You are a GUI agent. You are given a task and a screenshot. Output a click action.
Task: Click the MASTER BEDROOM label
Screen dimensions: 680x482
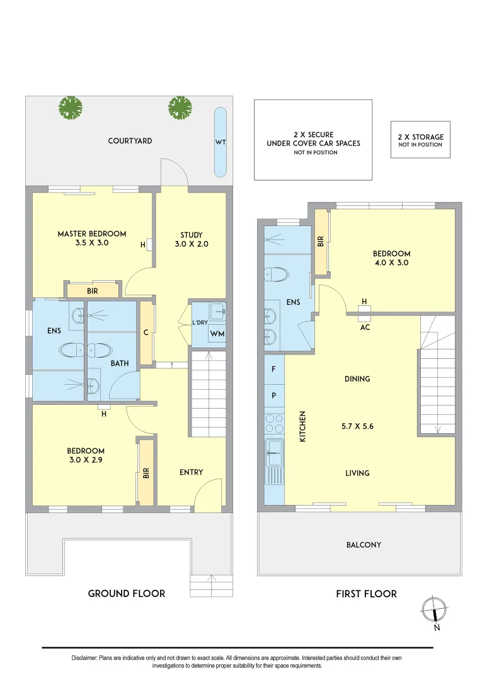[x=92, y=234]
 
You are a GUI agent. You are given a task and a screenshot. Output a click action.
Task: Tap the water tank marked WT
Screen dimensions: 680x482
[x=221, y=142]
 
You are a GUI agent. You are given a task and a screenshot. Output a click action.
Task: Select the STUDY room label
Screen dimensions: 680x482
[x=191, y=235]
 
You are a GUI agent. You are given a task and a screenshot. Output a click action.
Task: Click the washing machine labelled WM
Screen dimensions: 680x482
[x=217, y=334]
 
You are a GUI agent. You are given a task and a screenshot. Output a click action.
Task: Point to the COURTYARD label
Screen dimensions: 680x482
[x=130, y=141]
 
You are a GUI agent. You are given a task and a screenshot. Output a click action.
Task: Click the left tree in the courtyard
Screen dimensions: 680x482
[x=71, y=108]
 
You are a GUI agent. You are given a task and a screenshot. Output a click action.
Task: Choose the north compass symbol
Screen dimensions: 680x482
[x=435, y=609]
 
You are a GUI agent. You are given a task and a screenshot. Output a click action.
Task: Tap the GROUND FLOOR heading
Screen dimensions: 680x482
[x=127, y=593]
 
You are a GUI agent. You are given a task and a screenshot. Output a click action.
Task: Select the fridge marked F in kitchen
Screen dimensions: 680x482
[x=273, y=370]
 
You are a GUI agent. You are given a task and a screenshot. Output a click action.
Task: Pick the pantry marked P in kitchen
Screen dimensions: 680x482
[x=273, y=395]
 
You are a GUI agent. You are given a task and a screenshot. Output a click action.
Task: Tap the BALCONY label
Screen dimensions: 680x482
[x=364, y=545]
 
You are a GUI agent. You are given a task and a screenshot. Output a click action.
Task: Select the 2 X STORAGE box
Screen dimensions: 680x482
[x=420, y=140]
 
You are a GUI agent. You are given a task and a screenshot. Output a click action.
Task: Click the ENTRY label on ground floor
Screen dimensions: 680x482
[x=191, y=472]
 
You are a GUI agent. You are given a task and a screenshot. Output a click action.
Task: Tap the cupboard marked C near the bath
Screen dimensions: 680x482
[x=146, y=333]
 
